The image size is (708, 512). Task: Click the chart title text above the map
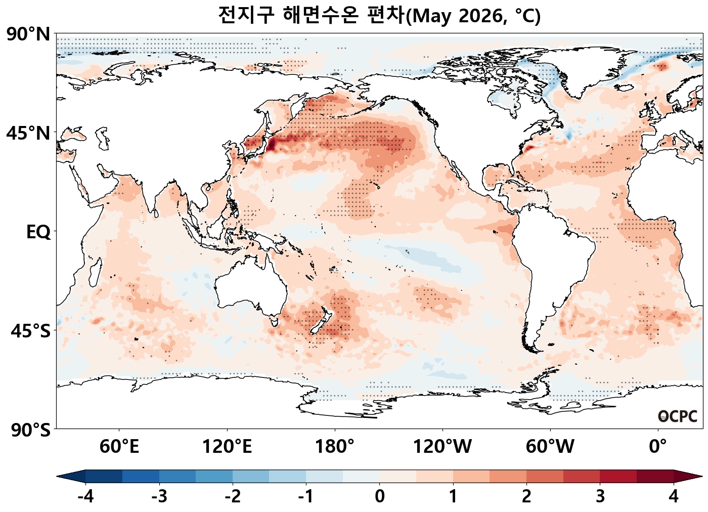379,15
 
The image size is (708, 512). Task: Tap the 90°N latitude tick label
28,34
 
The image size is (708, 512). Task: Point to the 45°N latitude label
28,134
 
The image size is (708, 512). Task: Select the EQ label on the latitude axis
38,232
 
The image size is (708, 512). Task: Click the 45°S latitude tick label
30,331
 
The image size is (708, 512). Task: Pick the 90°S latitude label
30,430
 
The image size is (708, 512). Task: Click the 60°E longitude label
119,447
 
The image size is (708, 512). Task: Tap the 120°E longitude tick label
227,447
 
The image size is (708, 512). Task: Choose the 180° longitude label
335,447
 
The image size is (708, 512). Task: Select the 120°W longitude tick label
442,447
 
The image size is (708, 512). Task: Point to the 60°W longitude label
550,447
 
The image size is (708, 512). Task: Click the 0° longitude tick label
658,447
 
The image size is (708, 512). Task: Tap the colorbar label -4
85,497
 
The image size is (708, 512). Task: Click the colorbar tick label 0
380,497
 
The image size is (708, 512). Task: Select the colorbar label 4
674,497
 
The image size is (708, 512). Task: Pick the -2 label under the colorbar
233,497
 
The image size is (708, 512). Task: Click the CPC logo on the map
678,416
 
